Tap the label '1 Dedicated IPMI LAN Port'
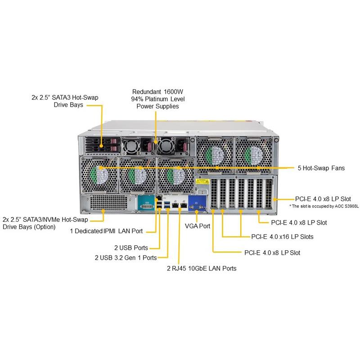106,231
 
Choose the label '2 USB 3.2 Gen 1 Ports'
126,257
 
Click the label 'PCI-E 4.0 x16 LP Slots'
282,236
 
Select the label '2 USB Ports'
131,247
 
